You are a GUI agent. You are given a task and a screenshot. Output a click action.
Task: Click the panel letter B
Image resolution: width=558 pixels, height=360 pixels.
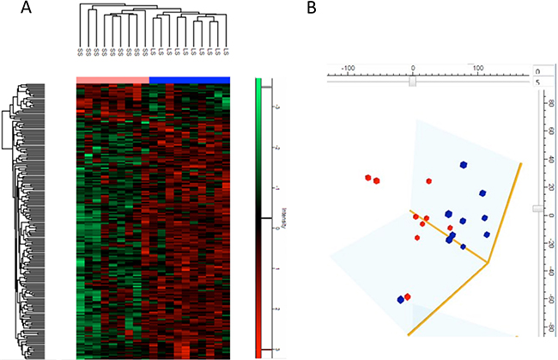point(311,9)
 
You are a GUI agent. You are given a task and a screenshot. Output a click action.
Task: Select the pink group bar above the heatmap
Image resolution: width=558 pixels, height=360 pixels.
point(112,80)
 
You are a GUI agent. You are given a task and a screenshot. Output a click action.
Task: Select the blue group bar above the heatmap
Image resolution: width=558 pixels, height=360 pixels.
point(190,80)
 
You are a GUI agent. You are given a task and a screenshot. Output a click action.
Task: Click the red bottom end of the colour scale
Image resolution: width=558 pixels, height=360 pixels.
point(264,350)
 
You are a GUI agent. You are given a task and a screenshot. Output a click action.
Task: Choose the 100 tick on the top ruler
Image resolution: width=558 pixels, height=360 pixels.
point(478,67)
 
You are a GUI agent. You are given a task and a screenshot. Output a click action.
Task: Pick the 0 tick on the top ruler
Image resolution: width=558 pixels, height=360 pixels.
point(413,67)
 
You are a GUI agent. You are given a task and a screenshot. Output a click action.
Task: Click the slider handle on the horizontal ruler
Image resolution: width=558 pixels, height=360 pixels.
point(413,82)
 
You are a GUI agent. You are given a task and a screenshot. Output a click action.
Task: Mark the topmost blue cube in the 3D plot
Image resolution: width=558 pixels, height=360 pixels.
point(463,164)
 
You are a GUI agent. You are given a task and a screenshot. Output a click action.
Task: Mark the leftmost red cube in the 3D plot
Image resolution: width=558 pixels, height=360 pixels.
point(367,177)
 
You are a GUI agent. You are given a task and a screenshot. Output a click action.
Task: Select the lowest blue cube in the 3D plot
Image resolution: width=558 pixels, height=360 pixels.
point(400,300)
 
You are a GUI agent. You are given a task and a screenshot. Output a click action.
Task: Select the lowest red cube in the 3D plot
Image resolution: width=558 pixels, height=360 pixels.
point(408,296)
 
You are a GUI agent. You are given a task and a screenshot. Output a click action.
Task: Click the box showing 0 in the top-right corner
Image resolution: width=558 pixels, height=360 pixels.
point(538,70)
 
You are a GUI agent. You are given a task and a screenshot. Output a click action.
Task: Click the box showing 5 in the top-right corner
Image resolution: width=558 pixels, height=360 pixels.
point(538,82)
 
